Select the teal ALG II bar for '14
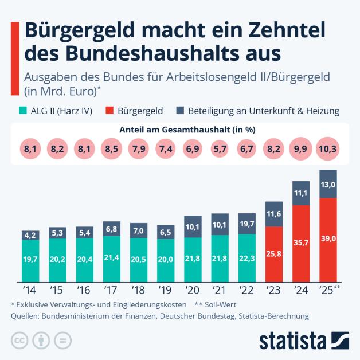tap(30, 260)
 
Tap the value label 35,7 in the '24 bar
tap(301, 243)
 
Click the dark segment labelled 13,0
tap(328, 184)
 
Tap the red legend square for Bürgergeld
tap(112, 111)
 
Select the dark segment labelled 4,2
tap(30, 234)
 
